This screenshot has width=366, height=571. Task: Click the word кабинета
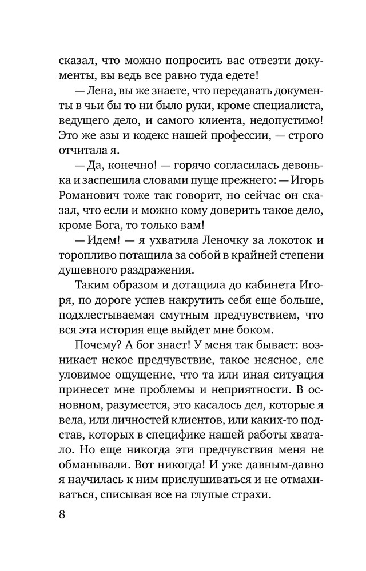[x=256, y=289]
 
